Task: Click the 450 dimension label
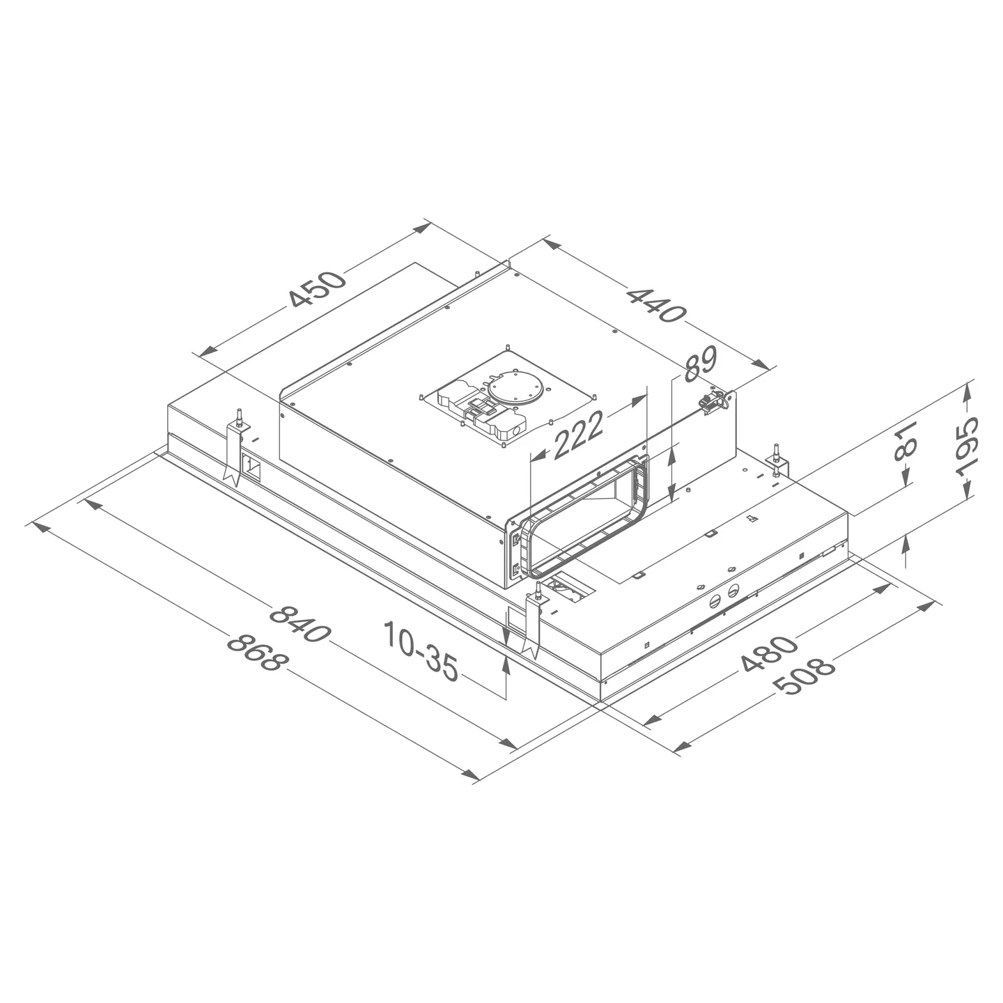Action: (318, 288)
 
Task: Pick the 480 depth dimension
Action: (768, 654)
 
